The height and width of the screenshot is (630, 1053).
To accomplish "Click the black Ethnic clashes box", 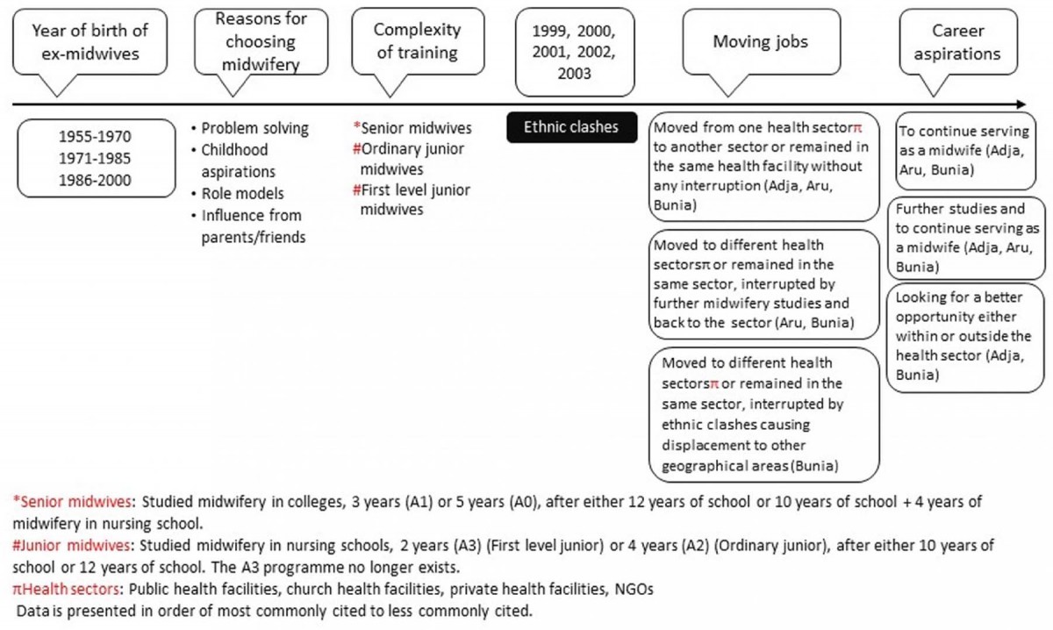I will pyautogui.click(x=570, y=127).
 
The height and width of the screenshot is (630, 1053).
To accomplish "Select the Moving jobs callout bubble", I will pyautogui.click(x=760, y=41).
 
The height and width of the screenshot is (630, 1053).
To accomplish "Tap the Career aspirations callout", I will pyautogui.click(x=956, y=41).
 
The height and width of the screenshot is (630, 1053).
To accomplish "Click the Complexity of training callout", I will pyautogui.click(x=417, y=40).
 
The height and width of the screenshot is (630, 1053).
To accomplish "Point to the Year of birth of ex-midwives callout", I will pyautogui.click(x=90, y=41).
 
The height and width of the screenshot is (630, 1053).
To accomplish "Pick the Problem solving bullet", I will pyautogui.click(x=254, y=128).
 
